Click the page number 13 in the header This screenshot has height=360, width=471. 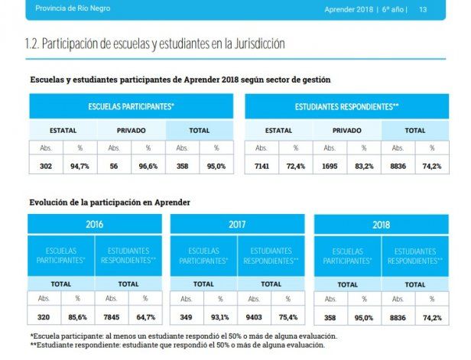click(422, 10)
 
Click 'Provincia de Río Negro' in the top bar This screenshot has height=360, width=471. click(68, 9)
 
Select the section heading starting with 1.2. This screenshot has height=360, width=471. click(155, 44)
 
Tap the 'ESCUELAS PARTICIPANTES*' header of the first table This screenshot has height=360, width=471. click(131, 106)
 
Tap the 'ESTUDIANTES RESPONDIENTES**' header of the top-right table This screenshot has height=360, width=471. click(346, 106)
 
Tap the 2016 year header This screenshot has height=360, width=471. click(95, 225)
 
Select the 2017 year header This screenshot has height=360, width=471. click(238, 225)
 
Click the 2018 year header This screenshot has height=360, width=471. click(381, 225)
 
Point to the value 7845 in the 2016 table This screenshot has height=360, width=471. click(112, 317)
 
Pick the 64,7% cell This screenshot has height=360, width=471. click(145, 317)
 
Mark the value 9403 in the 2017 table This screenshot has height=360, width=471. click(255, 317)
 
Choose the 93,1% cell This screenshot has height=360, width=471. click(220, 317)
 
